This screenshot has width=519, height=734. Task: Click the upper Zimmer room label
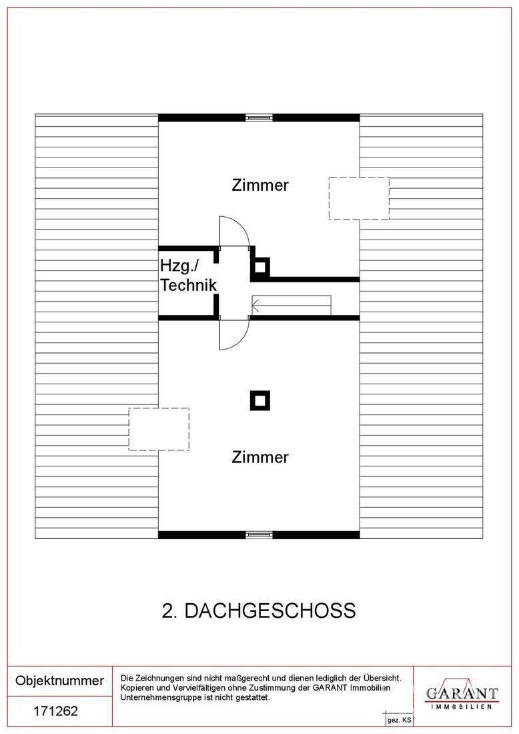point(260,185)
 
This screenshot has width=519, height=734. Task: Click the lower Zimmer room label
point(260,457)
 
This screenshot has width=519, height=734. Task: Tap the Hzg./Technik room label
point(188,275)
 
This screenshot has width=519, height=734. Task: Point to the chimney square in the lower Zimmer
point(259,401)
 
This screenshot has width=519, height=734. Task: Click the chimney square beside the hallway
point(259,268)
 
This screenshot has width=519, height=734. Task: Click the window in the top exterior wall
point(259,118)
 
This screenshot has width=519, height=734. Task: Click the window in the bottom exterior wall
point(259,534)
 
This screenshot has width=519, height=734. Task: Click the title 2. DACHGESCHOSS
point(259,611)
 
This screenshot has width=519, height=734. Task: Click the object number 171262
point(55,711)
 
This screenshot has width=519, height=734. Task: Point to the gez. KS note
point(399,721)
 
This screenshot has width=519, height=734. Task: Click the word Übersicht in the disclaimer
point(382,678)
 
